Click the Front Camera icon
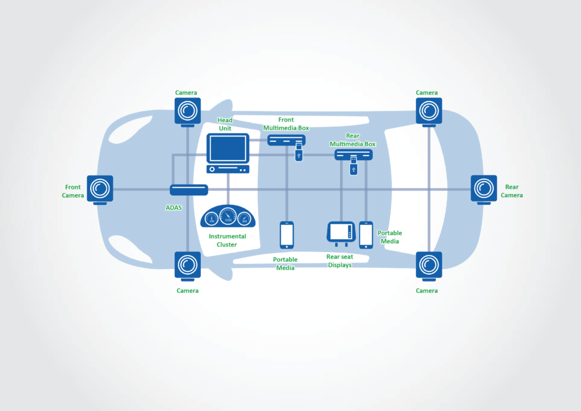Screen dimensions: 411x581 [x=100, y=188]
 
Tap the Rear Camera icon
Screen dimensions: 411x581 [x=483, y=188]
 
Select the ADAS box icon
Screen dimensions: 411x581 [x=189, y=191]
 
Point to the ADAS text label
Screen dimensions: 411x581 [x=174, y=208]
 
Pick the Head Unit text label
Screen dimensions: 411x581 [x=225, y=124]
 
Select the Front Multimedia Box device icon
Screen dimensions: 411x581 [x=286, y=140]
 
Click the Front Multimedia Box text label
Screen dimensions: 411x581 [x=286, y=124]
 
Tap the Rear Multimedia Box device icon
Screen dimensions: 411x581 [x=353, y=155]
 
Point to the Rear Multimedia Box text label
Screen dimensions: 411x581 [x=353, y=140]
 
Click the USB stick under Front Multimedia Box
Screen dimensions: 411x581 [x=298, y=152]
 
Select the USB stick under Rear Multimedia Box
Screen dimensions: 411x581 [x=353, y=168]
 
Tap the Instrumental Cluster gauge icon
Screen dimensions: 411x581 [x=228, y=217]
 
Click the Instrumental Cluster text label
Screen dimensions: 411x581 [x=228, y=240]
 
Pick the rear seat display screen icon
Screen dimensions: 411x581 [x=341, y=233]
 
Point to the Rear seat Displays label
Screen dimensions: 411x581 [x=339, y=261]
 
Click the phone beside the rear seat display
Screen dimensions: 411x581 [x=366, y=234]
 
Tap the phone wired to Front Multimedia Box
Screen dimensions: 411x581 [x=287, y=234]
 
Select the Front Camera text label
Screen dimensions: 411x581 [x=73, y=191]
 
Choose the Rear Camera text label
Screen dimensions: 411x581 [x=512, y=191]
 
